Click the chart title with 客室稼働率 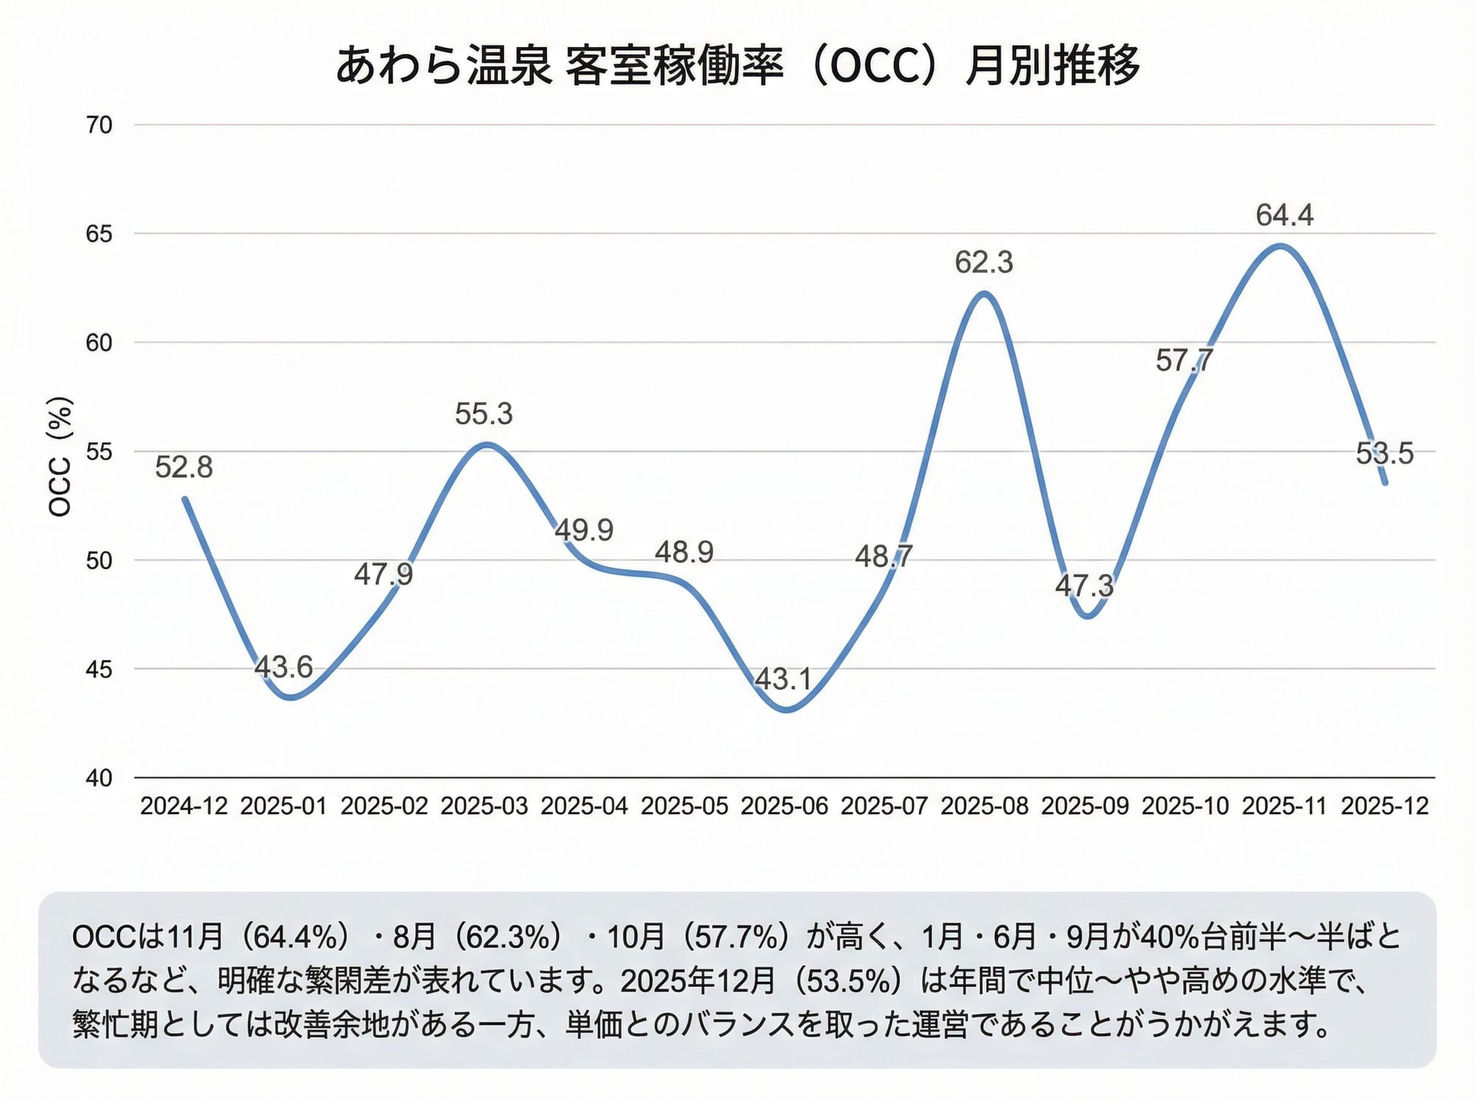click(x=737, y=66)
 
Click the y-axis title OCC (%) click(x=60, y=457)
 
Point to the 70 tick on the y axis click(x=100, y=125)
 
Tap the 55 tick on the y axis click(x=100, y=451)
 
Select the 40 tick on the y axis click(x=100, y=778)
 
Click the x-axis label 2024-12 click(x=184, y=806)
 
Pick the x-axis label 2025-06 click(x=784, y=806)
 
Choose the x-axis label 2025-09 click(x=1085, y=806)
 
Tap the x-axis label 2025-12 click(x=1384, y=806)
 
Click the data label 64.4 click(x=1285, y=215)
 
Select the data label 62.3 click(x=984, y=263)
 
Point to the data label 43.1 click(x=783, y=679)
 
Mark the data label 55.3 click(x=484, y=414)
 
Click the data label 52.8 click(x=184, y=468)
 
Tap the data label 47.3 click(x=1084, y=586)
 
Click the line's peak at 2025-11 click(x=1282, y=246)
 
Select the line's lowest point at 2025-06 click(x=786, y=710)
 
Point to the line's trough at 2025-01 click(x=291, y=697)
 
